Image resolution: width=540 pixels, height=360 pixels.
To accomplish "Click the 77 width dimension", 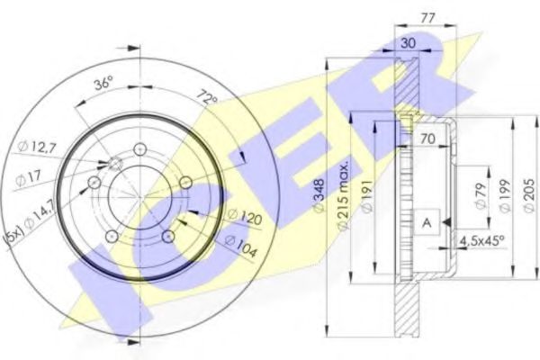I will point(428,16).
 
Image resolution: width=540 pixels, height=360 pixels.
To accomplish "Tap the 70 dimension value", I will point(428,140).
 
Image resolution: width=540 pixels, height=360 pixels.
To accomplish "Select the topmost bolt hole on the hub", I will point(139,149).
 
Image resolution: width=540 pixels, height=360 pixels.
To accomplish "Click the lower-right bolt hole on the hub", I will point(168,237).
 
